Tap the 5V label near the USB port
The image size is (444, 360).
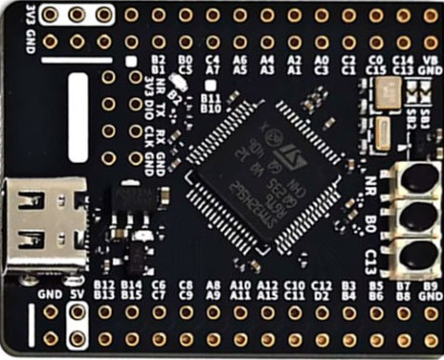[78, 295]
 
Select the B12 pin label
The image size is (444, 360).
[104, 285]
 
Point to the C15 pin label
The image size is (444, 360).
[375, 68]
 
